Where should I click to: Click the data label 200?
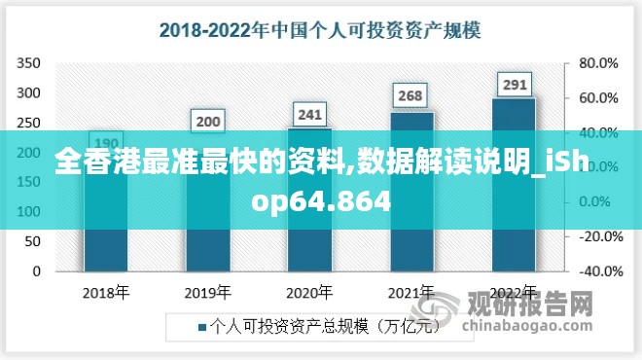click(x=208, y=123)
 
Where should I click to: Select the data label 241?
click(x=310, y=115)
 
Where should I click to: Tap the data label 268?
click(x=411, y=95)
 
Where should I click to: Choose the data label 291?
click(x=514, y=85)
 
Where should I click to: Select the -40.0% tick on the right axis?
click(x=598, y=271)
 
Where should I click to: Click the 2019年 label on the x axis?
click(x=208, y=292)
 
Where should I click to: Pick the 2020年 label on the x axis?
click(x=310, y=292)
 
